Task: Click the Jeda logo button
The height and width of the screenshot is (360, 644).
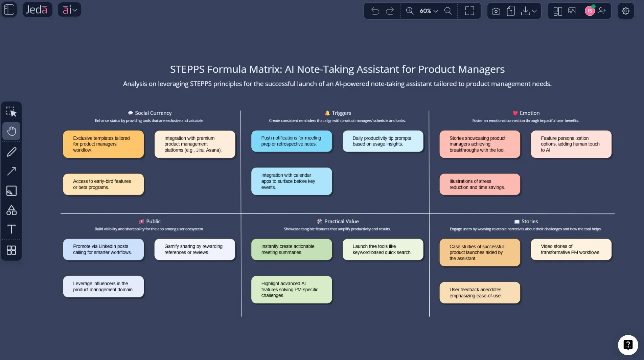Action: point(37,10)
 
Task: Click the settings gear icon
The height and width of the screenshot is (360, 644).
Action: point(626,11)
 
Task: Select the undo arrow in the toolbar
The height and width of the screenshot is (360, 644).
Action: point(375,11)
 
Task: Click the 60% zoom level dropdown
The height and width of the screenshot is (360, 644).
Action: point(429,11)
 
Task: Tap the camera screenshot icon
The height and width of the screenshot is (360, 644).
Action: point(496,11)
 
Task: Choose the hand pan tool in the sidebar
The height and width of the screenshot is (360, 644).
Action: point(11,131)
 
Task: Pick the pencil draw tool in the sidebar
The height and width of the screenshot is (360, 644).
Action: point(11,152)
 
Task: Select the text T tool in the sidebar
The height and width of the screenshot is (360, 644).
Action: point(11,229)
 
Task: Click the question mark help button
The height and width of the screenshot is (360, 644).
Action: point(628,345)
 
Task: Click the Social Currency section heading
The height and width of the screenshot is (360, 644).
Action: point(153,113)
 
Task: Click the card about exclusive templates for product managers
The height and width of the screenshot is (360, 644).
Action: point(103,144)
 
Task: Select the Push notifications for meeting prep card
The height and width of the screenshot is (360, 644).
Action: point(292,141)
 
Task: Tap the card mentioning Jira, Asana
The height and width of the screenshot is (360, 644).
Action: point(195,144)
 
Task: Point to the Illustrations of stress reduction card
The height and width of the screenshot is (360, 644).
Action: point(480,184)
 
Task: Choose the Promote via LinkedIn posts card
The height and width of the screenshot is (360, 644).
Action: point(103,249)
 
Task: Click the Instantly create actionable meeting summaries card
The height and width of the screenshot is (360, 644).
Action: point(292,249)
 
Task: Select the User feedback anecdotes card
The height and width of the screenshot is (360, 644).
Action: point(480,293)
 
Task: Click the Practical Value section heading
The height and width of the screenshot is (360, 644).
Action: point(341,221)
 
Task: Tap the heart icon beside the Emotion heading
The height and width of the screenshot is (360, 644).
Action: point(515,113)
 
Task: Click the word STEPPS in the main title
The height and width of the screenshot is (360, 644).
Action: point(187,69)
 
